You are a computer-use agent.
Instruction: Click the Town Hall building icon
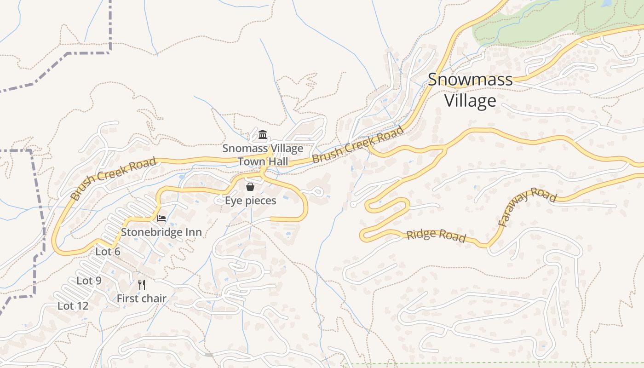[x=263, y=134]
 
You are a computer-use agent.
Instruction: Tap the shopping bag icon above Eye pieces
[x=250, y=187]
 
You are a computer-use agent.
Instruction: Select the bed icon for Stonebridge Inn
[x=161, y=218]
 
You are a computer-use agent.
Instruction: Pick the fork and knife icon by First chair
[x=142, y=285]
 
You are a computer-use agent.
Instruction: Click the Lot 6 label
[x=108, y=252]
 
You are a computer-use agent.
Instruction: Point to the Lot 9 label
[x=89, y=281]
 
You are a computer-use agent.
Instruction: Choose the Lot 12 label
[x=73, y=306]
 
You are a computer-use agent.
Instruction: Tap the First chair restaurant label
[x=141, y=299]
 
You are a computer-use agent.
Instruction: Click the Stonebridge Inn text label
[x=161, y=232]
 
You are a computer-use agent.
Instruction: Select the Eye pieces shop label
[x=250, y=201]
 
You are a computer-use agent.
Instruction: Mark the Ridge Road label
[x=436, y=236]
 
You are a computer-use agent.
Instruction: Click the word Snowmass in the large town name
[x=470, y=80]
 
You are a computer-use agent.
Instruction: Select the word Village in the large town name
[x=470, y=101]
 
